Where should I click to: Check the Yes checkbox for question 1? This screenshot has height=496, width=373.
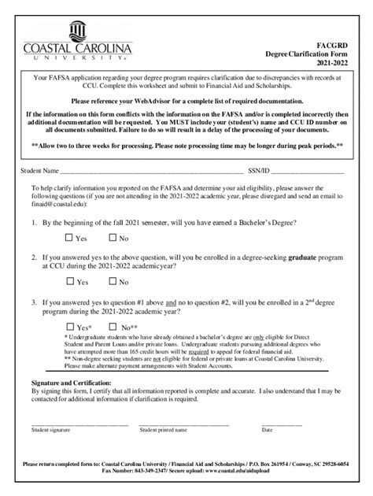(x=68, y=238)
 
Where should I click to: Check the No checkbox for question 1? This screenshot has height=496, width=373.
(x=113, y=238)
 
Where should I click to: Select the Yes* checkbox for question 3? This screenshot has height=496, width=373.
(x=68, y=327)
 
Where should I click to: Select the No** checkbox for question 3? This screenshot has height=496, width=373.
(x=113, y=327)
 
